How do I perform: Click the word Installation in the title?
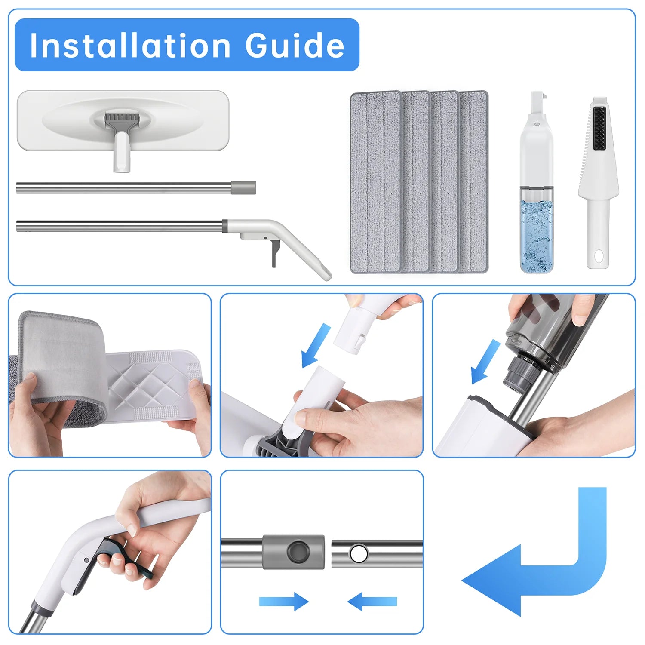tap(130, 45)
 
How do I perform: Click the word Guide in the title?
tap(295, 45)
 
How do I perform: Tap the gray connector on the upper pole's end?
tap(243, 187)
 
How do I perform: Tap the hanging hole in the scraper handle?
tap(598, 257)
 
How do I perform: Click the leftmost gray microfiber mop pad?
tap(376, 182)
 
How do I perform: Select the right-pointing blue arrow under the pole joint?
tap(284, 601)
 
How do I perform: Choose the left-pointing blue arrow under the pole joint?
tap(372, 601)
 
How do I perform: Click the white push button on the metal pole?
tap(358, 553)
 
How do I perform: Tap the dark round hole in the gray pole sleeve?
tap(298, 552)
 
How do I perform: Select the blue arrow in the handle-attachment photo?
tap(316, 345)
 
